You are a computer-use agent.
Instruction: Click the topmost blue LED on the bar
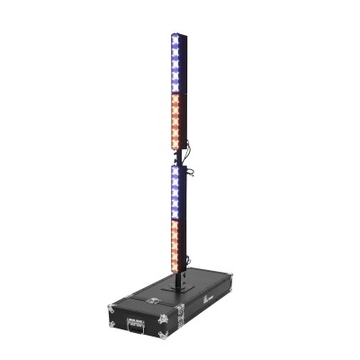coord(175,42)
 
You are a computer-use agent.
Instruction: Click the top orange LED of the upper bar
coord(177,96)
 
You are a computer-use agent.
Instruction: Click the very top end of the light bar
coord(175,35)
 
